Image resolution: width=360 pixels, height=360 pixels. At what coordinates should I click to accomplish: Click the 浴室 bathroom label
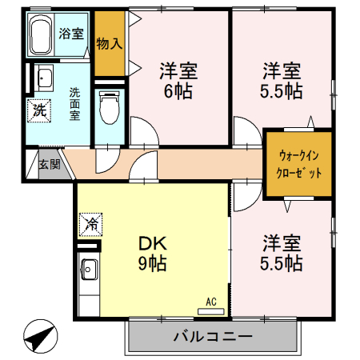click(x=72, y=34)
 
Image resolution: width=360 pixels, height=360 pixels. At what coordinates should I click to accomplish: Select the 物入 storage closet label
click(x=109, y=43)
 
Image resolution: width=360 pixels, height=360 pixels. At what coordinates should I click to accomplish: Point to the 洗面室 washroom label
click(x=74, y=103)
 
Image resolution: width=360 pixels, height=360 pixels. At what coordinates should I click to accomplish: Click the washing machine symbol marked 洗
click(x=39, y=110)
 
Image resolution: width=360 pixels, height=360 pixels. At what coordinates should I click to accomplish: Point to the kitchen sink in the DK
click(x=88, y=269)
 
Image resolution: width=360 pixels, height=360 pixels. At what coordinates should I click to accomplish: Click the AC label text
click(x=212, y=301)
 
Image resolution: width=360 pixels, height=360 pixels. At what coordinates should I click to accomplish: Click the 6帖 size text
click(x=178, y=90)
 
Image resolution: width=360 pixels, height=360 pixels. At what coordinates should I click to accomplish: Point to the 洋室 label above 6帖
click(x=178, y=70)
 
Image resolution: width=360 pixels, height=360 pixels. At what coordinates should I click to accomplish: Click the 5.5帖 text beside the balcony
click(x=280, y=262)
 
